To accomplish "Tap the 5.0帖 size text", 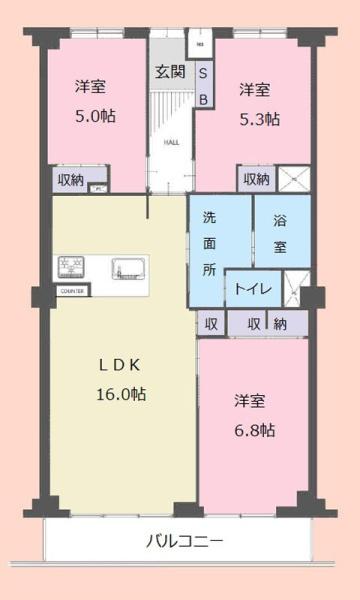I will (94, 116).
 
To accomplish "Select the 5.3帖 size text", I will (259, 119).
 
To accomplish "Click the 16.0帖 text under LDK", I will (121, 394).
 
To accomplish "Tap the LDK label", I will (120, 366).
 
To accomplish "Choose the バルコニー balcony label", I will (184, 542).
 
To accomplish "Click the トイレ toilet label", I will (251, 288).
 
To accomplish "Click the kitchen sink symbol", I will (130, 268).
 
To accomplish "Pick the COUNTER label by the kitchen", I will (71, 291).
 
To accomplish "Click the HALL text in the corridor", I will (171, 142).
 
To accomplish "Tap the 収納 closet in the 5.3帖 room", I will (254, 180).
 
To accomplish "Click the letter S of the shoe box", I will (202, 74).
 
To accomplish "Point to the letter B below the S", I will (202, 98).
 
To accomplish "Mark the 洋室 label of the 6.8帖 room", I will (249, 401).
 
